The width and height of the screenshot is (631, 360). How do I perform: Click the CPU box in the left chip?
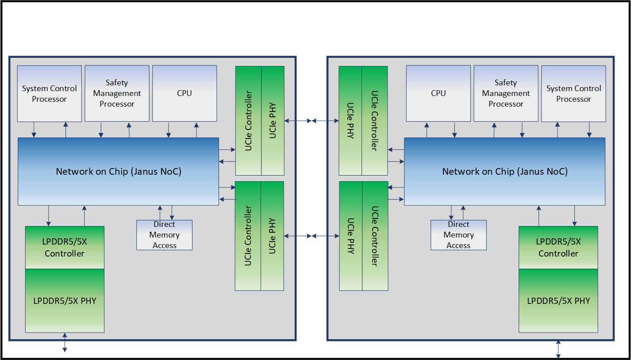tap(185, 93)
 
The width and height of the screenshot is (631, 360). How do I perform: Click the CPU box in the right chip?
tap(438, 93)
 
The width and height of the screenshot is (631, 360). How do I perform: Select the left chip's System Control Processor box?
tap(50, 94)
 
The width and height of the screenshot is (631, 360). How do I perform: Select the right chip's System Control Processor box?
tap(573, 94)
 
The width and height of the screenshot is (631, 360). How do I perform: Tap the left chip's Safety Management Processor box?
tap(117, 93)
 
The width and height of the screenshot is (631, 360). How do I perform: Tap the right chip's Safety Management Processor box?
tap(506, 93)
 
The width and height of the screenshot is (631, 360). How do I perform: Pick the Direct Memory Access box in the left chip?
tap(165, 235)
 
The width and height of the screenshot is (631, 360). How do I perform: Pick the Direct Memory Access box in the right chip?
tap(458, 235)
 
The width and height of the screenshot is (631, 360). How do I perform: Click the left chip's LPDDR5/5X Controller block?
tap(65, 248)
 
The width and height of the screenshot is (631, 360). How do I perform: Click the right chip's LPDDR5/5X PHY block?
tap(558, 301)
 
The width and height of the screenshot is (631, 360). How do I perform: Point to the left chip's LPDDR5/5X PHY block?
tap(65, 301)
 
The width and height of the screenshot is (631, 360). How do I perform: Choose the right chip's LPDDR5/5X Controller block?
tap(558, 248)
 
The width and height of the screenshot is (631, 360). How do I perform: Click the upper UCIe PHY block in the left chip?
tap(273, 120)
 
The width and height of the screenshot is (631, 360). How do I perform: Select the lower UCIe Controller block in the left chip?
tap(248, 236)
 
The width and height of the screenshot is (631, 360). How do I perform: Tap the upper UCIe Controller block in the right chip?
tap(374, 120)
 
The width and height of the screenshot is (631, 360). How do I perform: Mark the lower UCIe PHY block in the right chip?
tap(350, 236)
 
